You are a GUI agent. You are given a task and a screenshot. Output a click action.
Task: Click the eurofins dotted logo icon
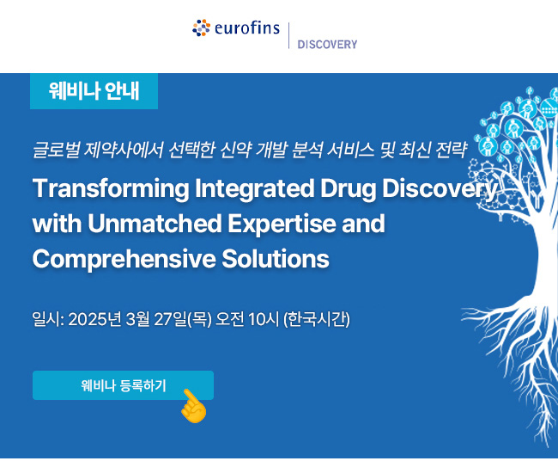[202, 28]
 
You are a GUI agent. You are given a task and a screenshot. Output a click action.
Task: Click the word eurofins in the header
[247, 28]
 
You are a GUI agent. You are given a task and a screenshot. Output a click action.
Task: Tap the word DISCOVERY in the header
[327, 45]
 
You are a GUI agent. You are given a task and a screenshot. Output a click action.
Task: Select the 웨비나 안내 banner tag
[94, 91]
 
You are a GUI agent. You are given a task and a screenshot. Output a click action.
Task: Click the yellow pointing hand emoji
[194, 407]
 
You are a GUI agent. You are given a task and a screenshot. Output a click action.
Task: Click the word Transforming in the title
[111, 189]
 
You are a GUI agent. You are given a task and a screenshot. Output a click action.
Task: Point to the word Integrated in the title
[255, 189]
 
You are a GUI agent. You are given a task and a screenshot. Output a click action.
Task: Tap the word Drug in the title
[349, 189]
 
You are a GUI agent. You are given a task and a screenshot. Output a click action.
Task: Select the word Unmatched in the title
[155, 224]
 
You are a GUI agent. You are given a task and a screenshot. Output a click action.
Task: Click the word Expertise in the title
[282, 224]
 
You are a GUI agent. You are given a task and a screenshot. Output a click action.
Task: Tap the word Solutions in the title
[276, 259]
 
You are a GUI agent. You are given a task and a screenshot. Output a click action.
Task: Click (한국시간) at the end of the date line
[317, 319]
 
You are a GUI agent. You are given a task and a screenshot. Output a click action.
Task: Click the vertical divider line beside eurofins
[288, 35]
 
